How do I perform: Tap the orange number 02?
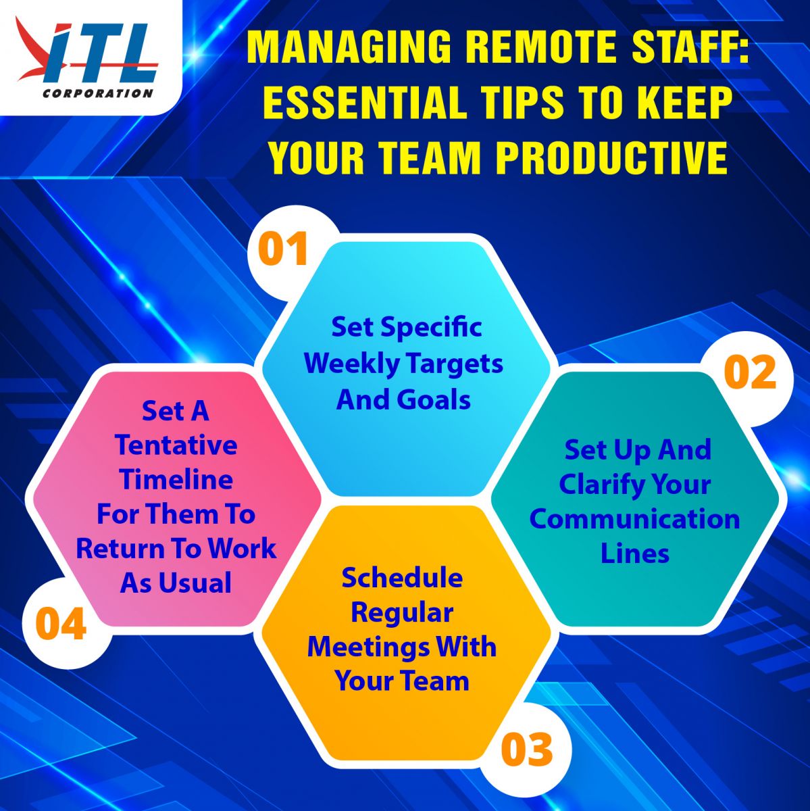tap(750, 372)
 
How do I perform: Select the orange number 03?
tap(526, 749)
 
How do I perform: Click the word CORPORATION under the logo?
tap(97, 93)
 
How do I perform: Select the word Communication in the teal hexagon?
tap(634, 518)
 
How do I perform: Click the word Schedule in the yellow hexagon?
tap(402, 577)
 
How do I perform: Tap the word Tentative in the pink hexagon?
tap(176, 445)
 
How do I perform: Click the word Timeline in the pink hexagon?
tap(176, 479)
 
